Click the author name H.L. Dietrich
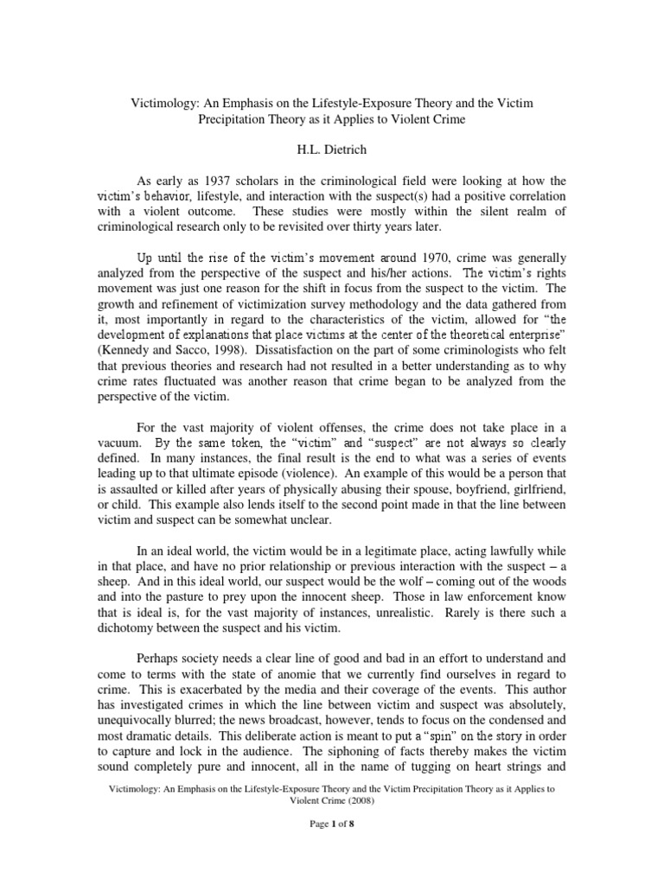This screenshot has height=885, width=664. (x=332, y=149)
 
